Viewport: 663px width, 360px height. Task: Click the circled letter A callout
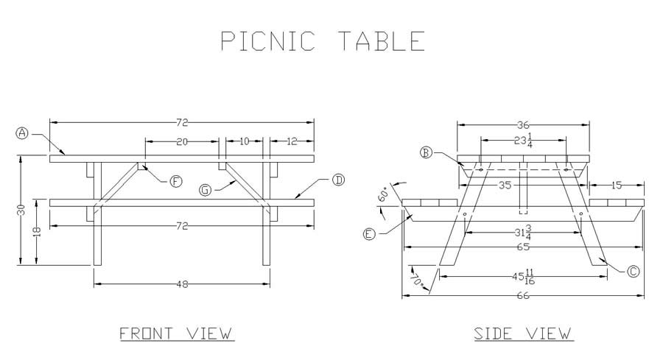coord(21,133)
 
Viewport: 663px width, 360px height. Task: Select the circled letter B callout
coord(427,152)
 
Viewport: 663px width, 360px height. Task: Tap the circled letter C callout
coord(633,271)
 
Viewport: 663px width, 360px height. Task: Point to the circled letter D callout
coord(338,180)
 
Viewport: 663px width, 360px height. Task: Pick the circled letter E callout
coord(370,233)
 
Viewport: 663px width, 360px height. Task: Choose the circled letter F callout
coord(176,181)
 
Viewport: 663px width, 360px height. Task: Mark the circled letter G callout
coord(205,190)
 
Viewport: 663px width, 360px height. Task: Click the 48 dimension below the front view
coord(182,284)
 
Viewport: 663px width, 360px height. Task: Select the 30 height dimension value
coord(21,210)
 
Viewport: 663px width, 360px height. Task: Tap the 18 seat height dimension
coord(38,232)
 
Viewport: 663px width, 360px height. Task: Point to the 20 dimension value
coord(182,142)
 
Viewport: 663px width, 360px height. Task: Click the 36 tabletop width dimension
coord(523,125)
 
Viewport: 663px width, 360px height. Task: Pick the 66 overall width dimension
coord(523,296)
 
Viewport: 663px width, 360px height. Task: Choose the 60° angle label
coord(383,195)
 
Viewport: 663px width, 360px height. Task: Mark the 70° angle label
coord(418,280)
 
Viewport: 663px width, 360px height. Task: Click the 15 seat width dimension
coord(617,185)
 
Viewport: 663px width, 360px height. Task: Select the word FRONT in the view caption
coord(147,333)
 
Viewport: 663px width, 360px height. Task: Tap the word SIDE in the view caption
coord(493,333)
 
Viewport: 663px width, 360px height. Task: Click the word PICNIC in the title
coord(268,41)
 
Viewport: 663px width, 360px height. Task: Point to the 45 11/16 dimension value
coord(523,278)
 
